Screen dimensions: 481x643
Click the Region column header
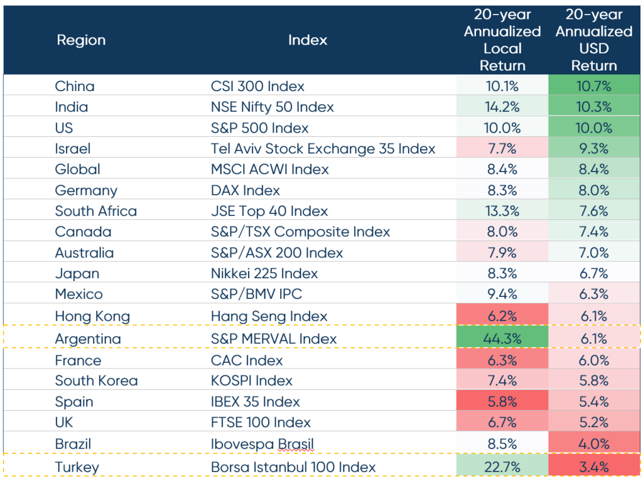81,40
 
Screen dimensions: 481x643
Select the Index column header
308,40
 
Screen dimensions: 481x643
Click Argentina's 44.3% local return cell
502,339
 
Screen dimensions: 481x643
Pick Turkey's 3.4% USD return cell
594,467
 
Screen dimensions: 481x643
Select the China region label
75,87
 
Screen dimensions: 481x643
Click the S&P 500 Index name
259,128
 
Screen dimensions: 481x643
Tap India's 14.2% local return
502,107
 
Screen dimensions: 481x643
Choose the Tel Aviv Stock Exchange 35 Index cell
323,149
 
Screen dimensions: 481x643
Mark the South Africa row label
95,211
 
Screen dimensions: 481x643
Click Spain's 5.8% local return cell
502,402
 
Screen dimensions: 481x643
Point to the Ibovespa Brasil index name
262,444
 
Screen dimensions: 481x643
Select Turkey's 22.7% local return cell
502,467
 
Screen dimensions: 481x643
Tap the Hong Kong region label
92,316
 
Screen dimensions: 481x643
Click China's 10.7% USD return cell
594,87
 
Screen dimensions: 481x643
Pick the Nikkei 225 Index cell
264,274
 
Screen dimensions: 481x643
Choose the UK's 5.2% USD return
594,423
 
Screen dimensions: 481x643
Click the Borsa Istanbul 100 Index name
293,467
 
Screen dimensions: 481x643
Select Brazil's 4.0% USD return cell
594,444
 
